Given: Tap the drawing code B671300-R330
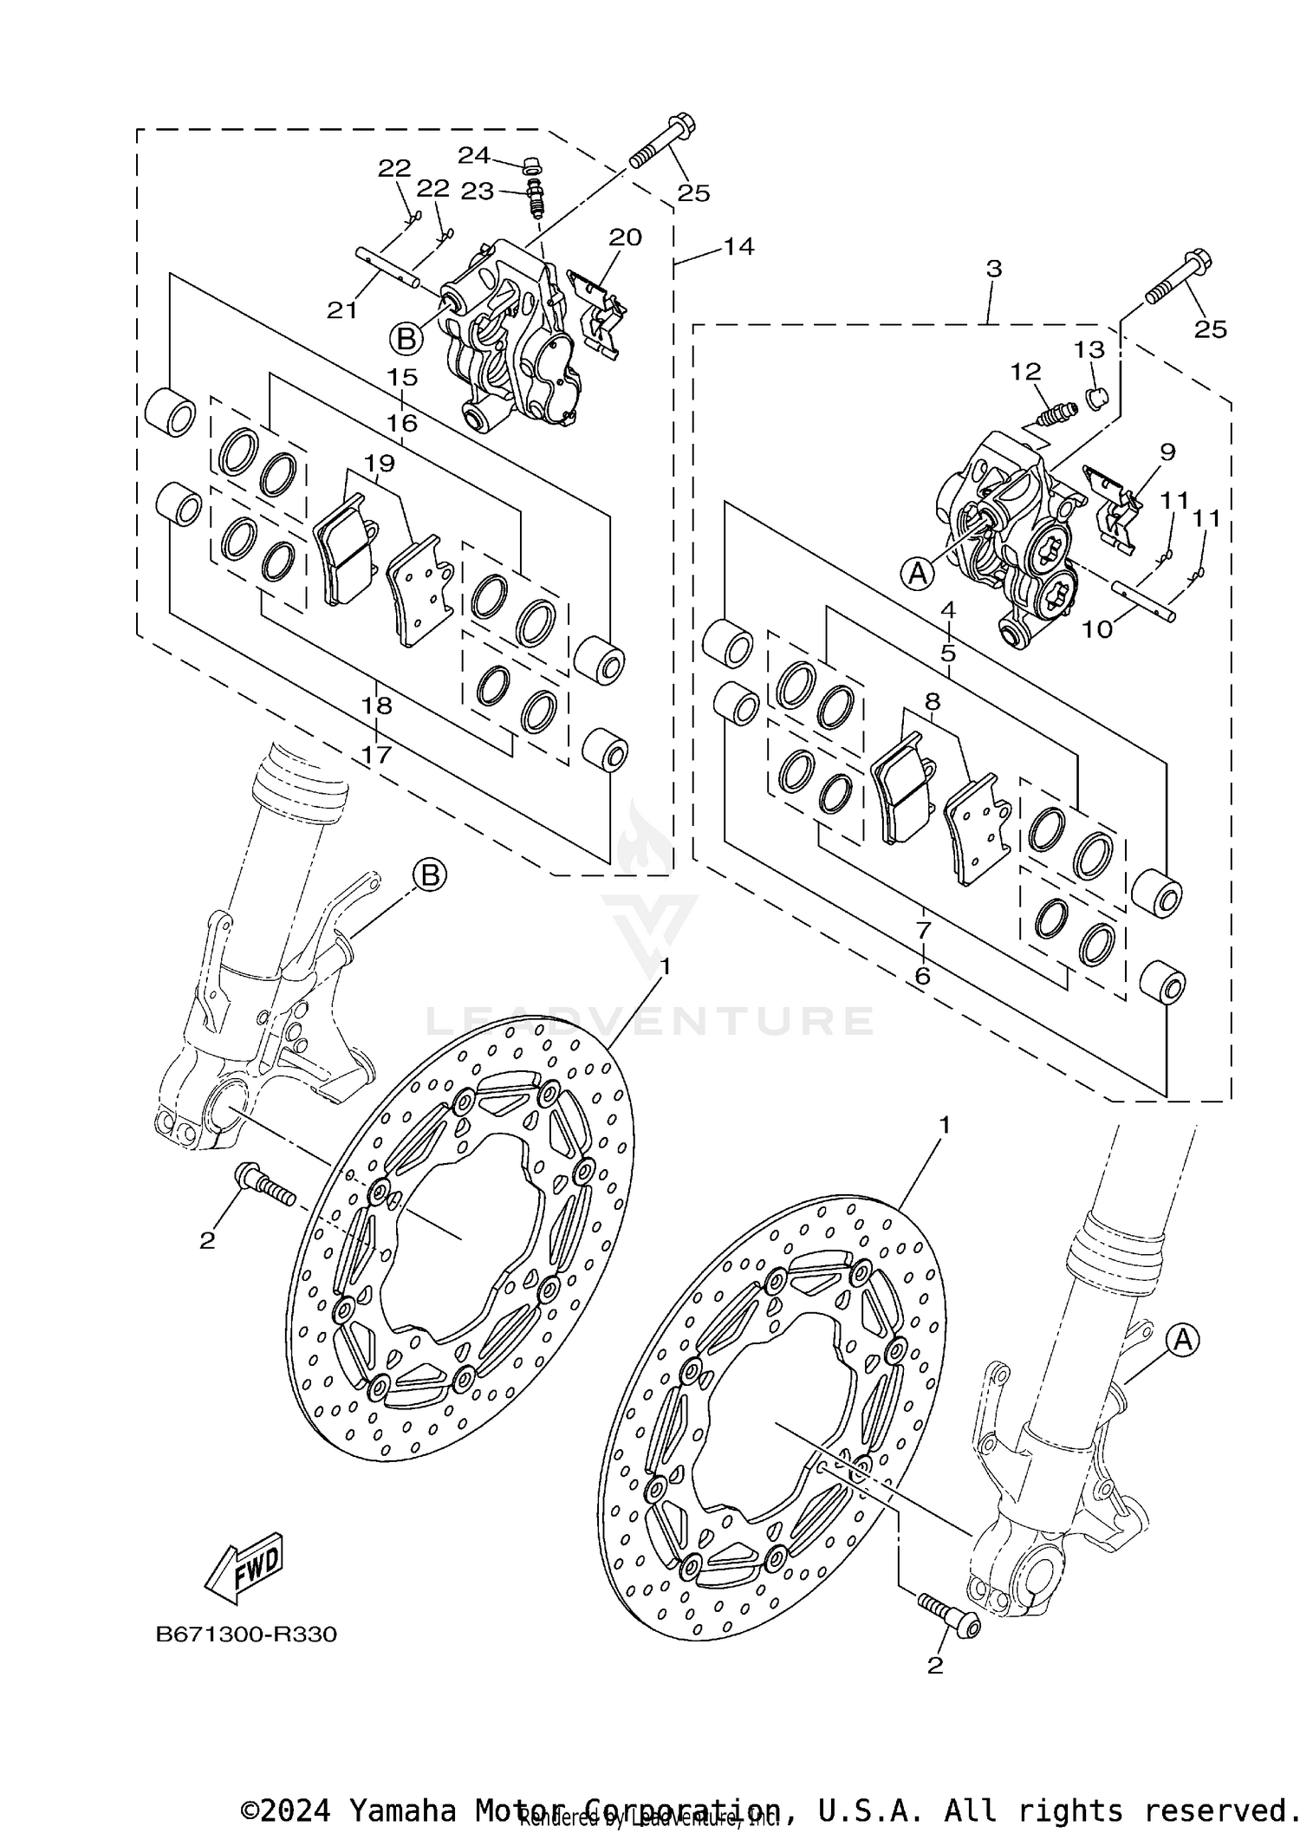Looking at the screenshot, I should click(x=246, y=1635).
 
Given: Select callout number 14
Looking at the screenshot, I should click(x=739, y=246).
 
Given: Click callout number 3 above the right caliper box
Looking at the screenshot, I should click(x=993, y=269).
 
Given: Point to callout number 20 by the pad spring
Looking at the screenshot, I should click(x=624, y=237).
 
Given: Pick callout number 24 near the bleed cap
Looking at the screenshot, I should click(x=474, y=155).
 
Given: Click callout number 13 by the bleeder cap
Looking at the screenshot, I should click(x=1089, y=349).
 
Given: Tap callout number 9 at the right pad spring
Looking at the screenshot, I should click(x=1167, y=452).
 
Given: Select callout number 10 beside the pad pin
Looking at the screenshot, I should click(x=1097, y=628).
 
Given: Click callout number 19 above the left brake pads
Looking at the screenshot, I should click(x=379, y=463).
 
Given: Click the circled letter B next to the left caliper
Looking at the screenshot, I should click(x=406, y=338).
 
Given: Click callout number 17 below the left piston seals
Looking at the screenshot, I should click(x=377, y=754).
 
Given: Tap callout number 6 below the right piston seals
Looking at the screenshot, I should click(x=922, y=976).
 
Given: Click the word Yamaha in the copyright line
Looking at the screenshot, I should click(x=401, y=1810).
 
